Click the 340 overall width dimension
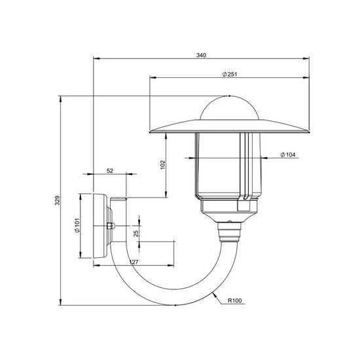202,55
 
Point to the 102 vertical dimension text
162,166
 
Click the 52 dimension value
110,171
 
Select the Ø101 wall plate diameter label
76,226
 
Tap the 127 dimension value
134,262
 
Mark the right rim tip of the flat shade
308,131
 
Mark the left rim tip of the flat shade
151,131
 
